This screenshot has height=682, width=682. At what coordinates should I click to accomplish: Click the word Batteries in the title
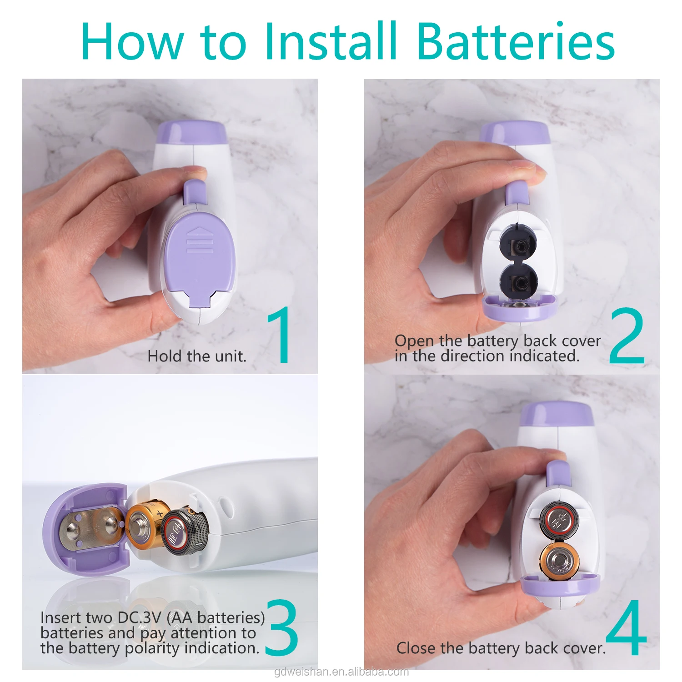pyautogui.click(x=515, y=41)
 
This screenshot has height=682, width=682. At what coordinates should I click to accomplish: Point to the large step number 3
pyautogui.click(x=282, y=627)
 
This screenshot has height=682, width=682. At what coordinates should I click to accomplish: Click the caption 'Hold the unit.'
pyautogui.click(x=197, y=356)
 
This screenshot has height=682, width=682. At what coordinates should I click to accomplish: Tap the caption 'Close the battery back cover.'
pyautogui.click(x=501, y=648)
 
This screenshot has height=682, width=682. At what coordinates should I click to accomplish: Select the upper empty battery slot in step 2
pyautogui.click(x=518, y=246)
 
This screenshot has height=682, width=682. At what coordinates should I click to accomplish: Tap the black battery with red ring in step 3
pyautogui.click(x=184, y=531)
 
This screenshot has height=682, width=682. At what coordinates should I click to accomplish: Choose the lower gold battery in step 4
pyautogui.click(x=559, y=560)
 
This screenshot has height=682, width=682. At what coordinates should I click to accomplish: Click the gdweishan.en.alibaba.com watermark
pyautogui.click(x=341, y=672)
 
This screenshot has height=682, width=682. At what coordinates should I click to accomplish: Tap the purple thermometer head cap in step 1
pyautogui.click(x=191, y=131)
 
